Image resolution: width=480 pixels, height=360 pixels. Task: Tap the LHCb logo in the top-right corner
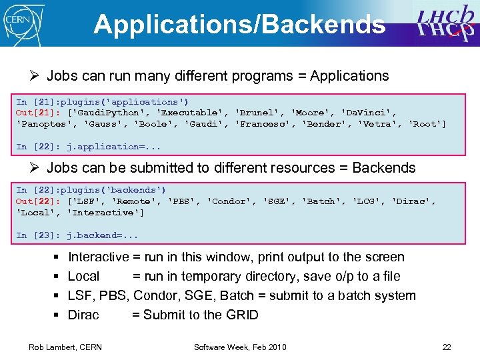coord(445,23)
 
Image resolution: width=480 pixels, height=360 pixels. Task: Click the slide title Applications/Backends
coord(239,25)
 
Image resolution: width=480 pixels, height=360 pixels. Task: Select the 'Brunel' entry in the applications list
coord(257,113)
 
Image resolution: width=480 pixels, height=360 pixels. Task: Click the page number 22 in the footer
coord(447,347)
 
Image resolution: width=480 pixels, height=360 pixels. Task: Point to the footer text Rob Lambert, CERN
coord(65,347)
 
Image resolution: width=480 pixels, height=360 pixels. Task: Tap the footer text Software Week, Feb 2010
coord(240,347)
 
